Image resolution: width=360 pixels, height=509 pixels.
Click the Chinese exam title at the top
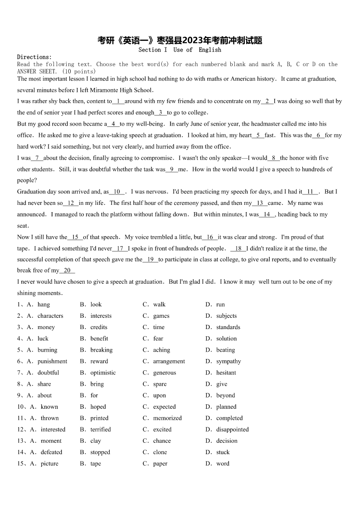point(180,40)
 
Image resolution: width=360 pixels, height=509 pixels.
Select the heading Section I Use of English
point(180,50)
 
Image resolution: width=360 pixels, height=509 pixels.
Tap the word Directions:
point(34,57)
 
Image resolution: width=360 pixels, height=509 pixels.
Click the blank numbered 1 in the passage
point(118,102)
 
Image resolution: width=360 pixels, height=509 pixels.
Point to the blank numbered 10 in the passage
point(117,192)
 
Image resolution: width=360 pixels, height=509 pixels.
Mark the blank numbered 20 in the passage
point(67,271)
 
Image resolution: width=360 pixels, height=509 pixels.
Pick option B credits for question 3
point(99,327)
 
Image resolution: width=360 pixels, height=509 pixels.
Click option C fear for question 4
point(158,339)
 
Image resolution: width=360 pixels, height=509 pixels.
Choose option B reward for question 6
point(99,361)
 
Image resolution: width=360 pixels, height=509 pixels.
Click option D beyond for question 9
point(225,395)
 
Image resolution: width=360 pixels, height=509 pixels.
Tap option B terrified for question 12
point(100,429)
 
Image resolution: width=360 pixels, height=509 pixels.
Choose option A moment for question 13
point(51,441)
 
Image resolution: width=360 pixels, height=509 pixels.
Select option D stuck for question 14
point(223,452)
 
